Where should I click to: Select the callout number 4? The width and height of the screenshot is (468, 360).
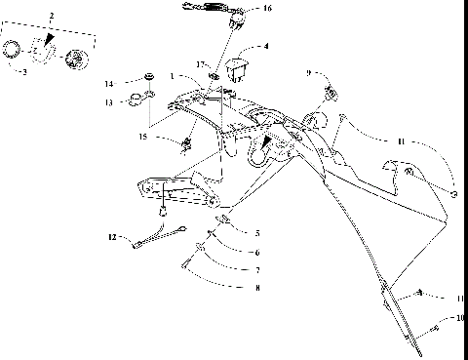(x=266, y=45)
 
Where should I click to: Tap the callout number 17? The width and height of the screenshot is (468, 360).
(x=200, y=64)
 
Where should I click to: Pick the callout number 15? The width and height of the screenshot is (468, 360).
(x=143, y=138)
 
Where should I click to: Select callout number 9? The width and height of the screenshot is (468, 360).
(x=309, y=73)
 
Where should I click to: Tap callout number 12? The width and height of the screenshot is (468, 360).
(x=112, y=237)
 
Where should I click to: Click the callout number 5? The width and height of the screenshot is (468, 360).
(x=257, y=233)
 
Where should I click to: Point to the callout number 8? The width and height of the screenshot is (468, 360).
(x=257, y=288)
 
